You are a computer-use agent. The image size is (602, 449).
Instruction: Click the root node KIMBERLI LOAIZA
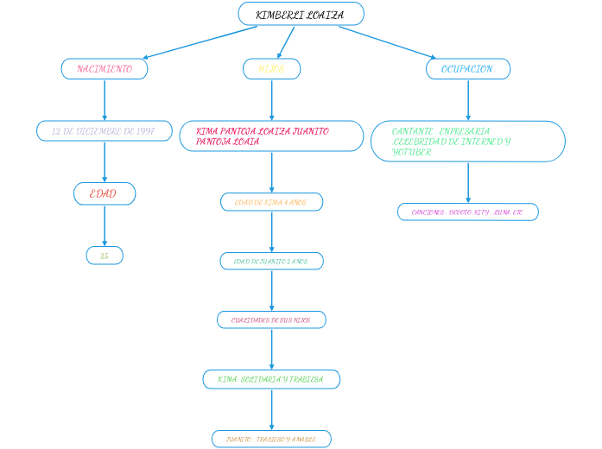click(x=301, y=15)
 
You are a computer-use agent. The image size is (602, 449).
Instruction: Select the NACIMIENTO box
click(x=105, y=69)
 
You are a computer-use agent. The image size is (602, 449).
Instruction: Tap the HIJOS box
click(x=272, y=69)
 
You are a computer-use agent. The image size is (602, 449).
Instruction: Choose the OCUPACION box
click(x=468, y=69)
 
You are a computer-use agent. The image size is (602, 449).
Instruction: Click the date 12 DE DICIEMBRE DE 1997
click(x=105, y=131)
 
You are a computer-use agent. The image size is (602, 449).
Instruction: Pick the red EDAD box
click(x=105, y=194)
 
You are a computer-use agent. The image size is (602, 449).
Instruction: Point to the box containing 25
click(x=105, y=256)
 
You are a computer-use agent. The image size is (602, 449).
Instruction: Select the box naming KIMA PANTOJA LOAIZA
click(x=271, y=136)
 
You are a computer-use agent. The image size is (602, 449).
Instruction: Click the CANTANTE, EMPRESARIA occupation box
click(x=468, y=142)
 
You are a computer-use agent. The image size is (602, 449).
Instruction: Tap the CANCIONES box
click(x=468, y=212)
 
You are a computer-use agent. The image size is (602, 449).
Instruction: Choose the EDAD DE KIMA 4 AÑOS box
click(x=271, y=202)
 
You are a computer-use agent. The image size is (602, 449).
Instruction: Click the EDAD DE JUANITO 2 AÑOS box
click(x=271, y=261)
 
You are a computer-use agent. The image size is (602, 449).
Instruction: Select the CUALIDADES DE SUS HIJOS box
click(x=271, y=320)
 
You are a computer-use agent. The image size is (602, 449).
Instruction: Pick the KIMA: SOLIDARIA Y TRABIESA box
click(x=271, y=380)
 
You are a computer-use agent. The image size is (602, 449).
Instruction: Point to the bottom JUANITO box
click(x=271, y=440)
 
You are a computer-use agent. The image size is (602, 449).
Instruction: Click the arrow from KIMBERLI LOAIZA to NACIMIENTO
click(x=200, y=42)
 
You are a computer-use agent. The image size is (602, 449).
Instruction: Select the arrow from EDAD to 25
click(x=105, y=225)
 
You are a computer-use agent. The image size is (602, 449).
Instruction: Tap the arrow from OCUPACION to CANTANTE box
click(x=468, y=100)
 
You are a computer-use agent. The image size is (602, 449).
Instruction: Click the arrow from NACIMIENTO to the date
click(x=105, y=100)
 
